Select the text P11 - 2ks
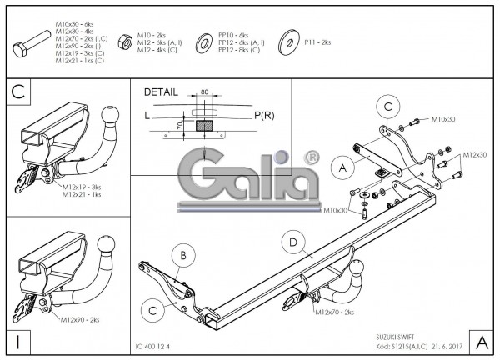click(317, 42)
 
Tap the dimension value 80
click(204, 92)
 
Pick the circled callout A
click(342, 168)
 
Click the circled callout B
click(184, 254)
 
